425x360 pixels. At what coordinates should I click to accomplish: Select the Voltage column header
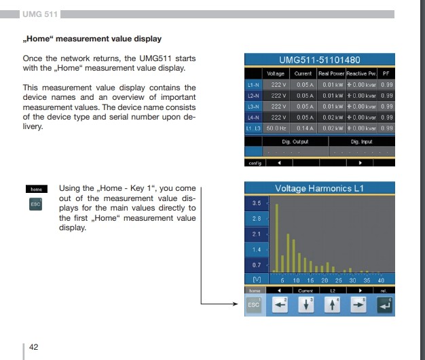(276, 73)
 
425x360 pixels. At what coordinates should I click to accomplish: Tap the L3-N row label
(252, 106)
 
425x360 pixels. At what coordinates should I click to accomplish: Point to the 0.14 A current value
(303, 128)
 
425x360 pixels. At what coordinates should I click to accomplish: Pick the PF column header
(386, 73)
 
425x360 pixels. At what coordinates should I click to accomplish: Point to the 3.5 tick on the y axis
(256, 203)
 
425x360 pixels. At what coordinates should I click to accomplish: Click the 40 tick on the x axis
(381, 280)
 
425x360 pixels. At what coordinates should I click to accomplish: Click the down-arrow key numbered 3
(306, 306)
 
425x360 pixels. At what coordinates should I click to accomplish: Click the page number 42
(33, 347)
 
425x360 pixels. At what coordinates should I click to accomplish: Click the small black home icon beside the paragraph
(36, 189)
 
